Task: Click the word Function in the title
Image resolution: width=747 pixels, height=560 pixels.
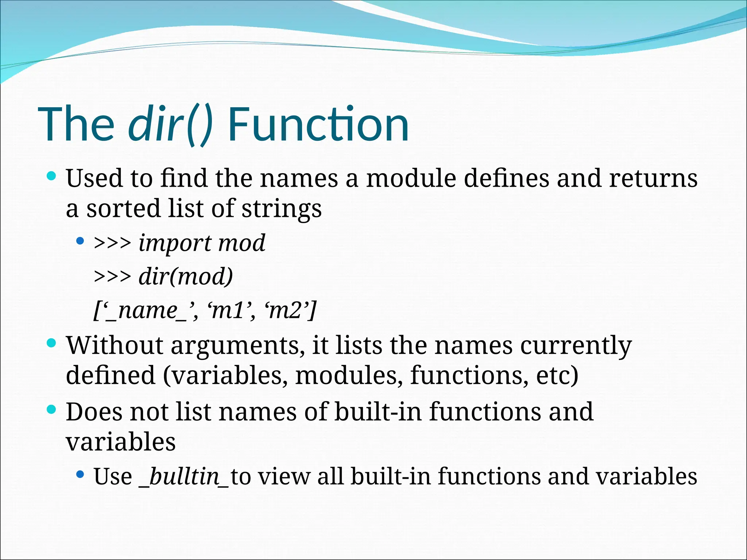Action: coord(318,124)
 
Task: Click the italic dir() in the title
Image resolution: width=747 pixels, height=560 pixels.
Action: coord(170,124)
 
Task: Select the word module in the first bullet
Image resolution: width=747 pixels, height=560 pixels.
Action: coord(411,178)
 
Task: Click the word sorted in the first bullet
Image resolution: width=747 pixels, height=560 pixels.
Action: coord(123,209)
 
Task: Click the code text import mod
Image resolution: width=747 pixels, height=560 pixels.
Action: coord(202,243)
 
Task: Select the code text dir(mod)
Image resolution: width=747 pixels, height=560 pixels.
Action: coord(186,276)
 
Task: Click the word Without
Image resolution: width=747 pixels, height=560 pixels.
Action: coord(115,345)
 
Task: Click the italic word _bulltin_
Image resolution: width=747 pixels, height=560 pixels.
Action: coord(184,477)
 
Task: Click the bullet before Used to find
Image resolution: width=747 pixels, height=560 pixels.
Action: coord(51,177)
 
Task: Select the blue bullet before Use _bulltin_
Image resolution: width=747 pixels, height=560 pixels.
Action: coord(80,474)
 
